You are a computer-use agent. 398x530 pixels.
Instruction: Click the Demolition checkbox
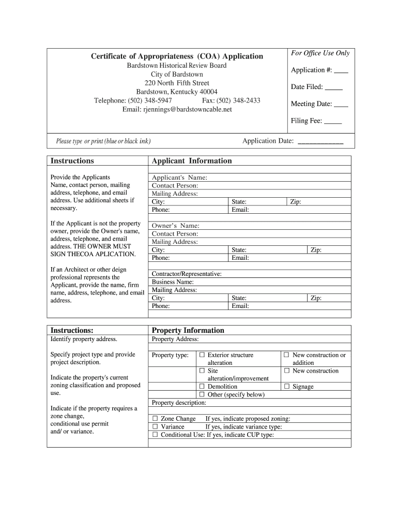point(202,387)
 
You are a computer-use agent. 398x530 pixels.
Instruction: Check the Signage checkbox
point(287,387)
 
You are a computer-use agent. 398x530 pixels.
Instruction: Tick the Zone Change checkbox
point(155,419)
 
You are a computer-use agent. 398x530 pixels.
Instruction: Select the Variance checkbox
point(155,427)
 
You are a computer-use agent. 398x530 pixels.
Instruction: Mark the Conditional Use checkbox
point(155,435)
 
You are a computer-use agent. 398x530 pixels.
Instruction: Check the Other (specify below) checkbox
point(202,395)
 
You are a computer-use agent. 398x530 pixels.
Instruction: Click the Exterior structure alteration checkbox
point(202,355)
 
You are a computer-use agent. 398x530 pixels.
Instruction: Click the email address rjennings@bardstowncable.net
point(177,109)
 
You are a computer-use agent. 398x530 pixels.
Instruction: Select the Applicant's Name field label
point(179,178)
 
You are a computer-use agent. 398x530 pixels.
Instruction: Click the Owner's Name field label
point(175,226)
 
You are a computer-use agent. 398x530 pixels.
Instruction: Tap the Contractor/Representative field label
point(187,274)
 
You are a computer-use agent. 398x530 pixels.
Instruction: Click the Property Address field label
point(175,340)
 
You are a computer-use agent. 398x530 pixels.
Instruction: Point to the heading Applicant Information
point(191,161)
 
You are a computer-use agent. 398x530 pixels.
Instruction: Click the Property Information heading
point(188,330)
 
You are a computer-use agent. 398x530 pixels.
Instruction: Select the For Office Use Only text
point(320,53)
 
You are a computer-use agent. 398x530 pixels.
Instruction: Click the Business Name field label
point(173,282)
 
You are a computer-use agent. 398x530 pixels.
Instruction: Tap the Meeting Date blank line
point(341,105)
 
